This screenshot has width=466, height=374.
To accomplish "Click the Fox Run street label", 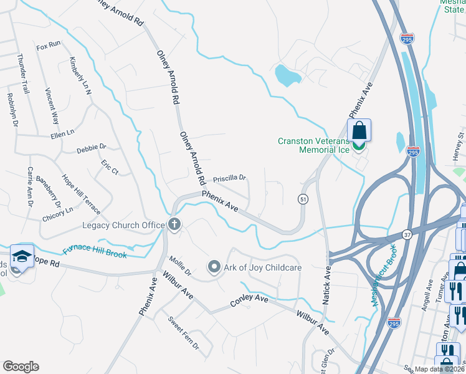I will [x=48, y=45].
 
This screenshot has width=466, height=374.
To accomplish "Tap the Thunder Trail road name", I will [x=23, y=74].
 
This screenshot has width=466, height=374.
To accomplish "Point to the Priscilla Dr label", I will [x=230, y=178].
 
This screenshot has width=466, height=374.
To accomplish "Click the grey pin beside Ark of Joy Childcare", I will [x=214, y=267].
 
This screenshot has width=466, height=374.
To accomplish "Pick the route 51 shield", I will [x=303, y=199].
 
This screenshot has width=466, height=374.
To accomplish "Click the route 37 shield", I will [x=407, y=235].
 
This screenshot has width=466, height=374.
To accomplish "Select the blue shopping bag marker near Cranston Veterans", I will [x=359, y=131].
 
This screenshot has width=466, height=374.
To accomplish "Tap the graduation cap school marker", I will [x=22, y=256].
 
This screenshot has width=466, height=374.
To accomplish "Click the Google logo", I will [x=21, y=367].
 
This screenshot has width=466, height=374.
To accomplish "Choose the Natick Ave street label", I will [x=325, y=284].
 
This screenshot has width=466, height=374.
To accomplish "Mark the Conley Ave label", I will [x=249, y=300].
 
